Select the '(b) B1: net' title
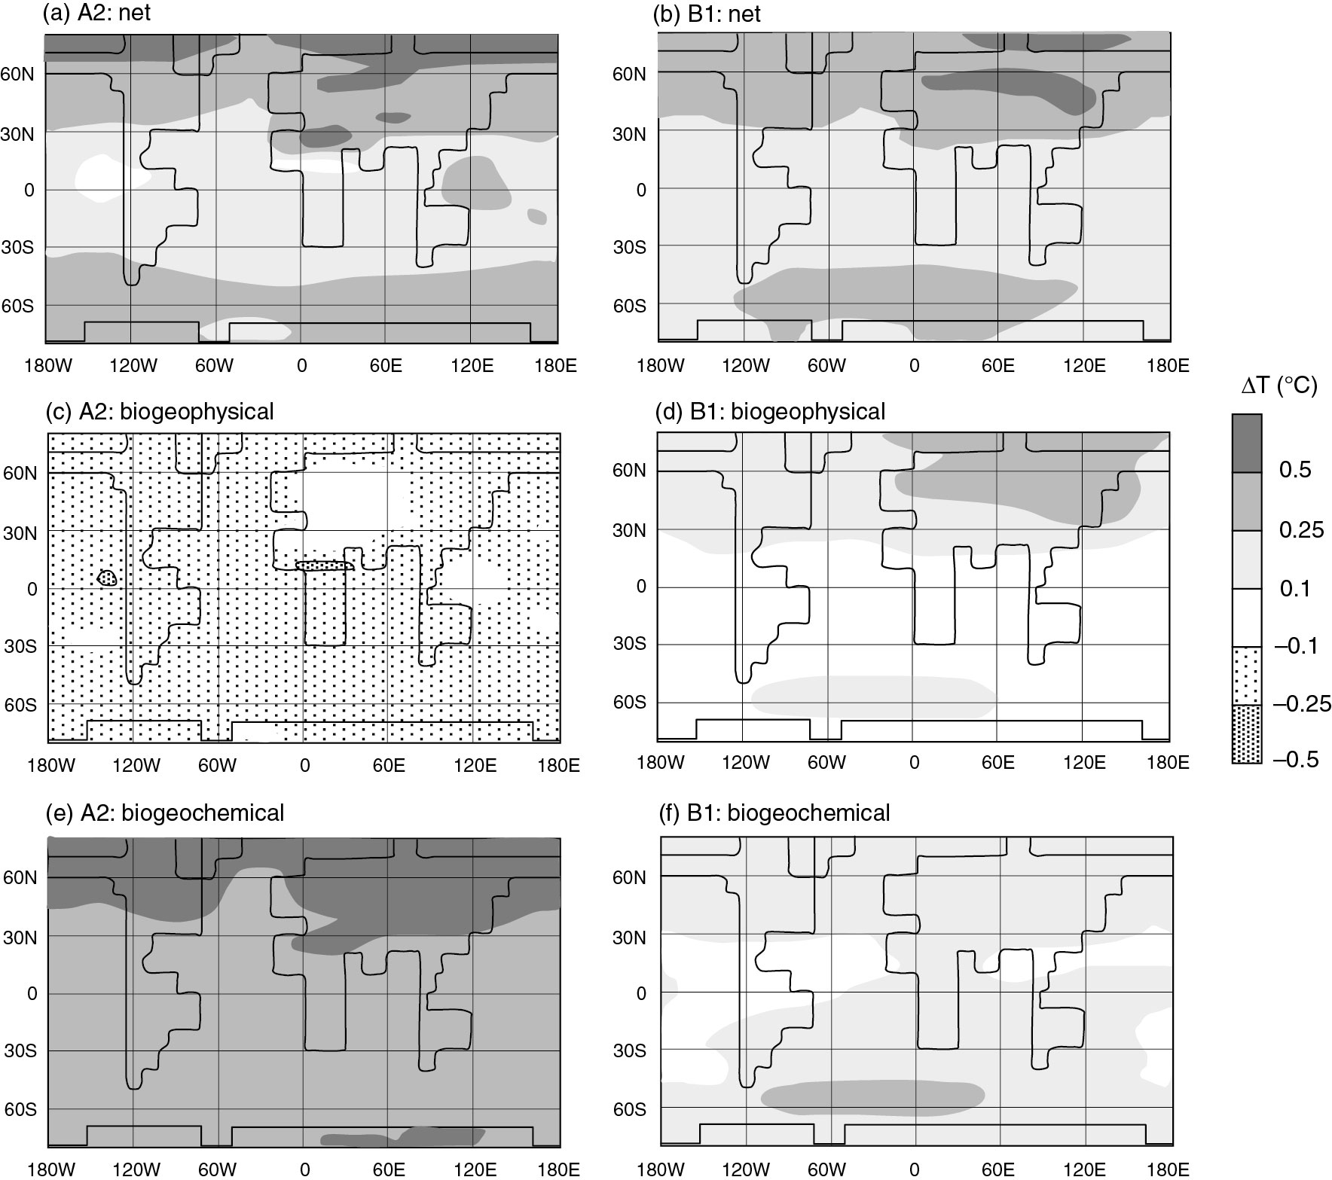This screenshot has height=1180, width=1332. pos(707,14)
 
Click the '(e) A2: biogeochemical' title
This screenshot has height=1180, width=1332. pos(165,813)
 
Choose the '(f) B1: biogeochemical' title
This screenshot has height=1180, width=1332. pos(775,813)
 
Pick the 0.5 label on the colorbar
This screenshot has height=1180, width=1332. pos(1295,470)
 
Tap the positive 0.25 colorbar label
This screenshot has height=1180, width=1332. pos(1301,529)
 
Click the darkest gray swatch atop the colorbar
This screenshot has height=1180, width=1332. pos(1247,443)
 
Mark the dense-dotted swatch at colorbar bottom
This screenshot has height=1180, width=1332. pos(1247,734)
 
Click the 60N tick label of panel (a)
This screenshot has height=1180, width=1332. pos(23,74)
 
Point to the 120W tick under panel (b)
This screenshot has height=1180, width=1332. pos(745,366)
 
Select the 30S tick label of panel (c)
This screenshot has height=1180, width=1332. pos(23,647)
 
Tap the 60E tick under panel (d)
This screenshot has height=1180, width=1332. pos(998,763)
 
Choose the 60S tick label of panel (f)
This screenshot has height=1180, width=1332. pos(630,1109)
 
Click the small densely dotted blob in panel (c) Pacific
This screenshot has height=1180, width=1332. pos(108,578)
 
